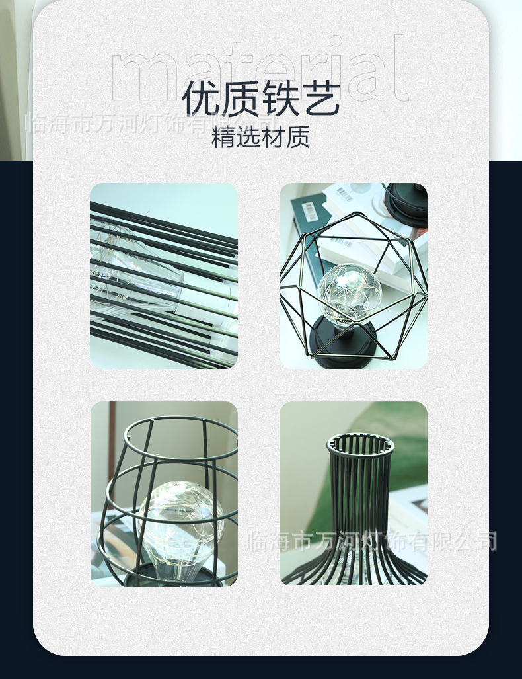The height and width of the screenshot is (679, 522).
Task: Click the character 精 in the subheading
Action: [223, 138]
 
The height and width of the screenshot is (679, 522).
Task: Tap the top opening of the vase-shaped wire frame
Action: [360, 444]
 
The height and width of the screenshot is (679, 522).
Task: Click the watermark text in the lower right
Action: [371, 541]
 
